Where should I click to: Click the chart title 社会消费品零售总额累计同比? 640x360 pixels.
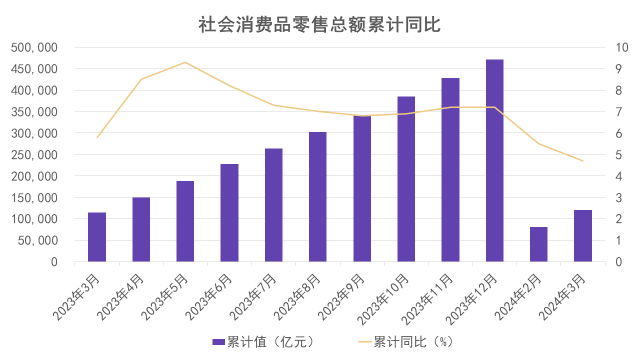[319, 24]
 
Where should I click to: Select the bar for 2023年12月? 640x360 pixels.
[494, 160]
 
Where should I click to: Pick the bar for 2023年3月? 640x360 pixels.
[97, 237]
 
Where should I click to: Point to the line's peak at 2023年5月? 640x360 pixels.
[185, 62]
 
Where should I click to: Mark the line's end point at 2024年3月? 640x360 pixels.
[583, 161]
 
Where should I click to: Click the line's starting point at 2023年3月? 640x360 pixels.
[97, 137]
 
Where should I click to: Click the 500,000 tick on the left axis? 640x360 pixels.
[34, 47]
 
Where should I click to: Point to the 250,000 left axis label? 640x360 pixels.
[34, 155]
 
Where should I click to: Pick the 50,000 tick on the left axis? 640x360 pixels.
[37, 240]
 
